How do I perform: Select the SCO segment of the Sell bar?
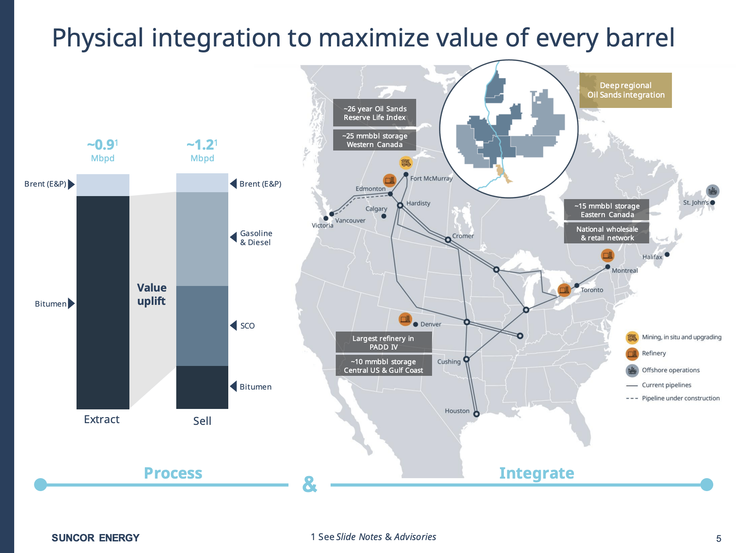pos(202,326)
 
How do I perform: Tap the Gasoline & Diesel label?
pos(256,238)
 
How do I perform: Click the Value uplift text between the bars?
pos(151,294)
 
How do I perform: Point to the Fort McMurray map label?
pos(431,178)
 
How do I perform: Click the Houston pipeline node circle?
pos(476,414)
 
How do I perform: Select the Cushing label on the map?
pos(449,362)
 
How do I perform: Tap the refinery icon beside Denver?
pos(405,319)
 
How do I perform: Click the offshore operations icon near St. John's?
pos(712,191)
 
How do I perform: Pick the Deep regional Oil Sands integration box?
pos(626,90)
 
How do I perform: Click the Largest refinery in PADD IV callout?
pos(383,343)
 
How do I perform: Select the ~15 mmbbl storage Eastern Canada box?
pos(607,210)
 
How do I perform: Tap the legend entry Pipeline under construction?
pos(681,398)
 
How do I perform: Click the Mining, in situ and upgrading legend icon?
pos(632,338)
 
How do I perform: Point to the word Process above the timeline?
pos(173,473)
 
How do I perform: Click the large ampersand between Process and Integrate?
pos(310,484)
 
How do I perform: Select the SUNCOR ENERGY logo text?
pos(95,538)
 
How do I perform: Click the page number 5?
pos(718,538)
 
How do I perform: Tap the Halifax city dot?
pos(667,255)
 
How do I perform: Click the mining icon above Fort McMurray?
pos(406,163)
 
